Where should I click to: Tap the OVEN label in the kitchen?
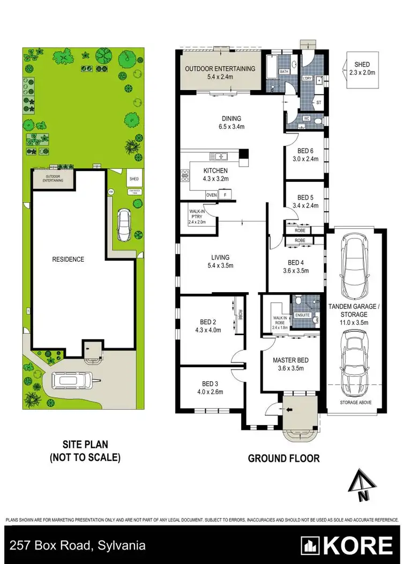pos(211,195)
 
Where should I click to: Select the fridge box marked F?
pos(225,195)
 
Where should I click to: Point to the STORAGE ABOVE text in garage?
pos(356,402)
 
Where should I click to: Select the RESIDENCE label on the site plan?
pos(68,259)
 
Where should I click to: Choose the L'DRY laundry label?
pos(307,79)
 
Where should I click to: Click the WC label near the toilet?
pos(307,118)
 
